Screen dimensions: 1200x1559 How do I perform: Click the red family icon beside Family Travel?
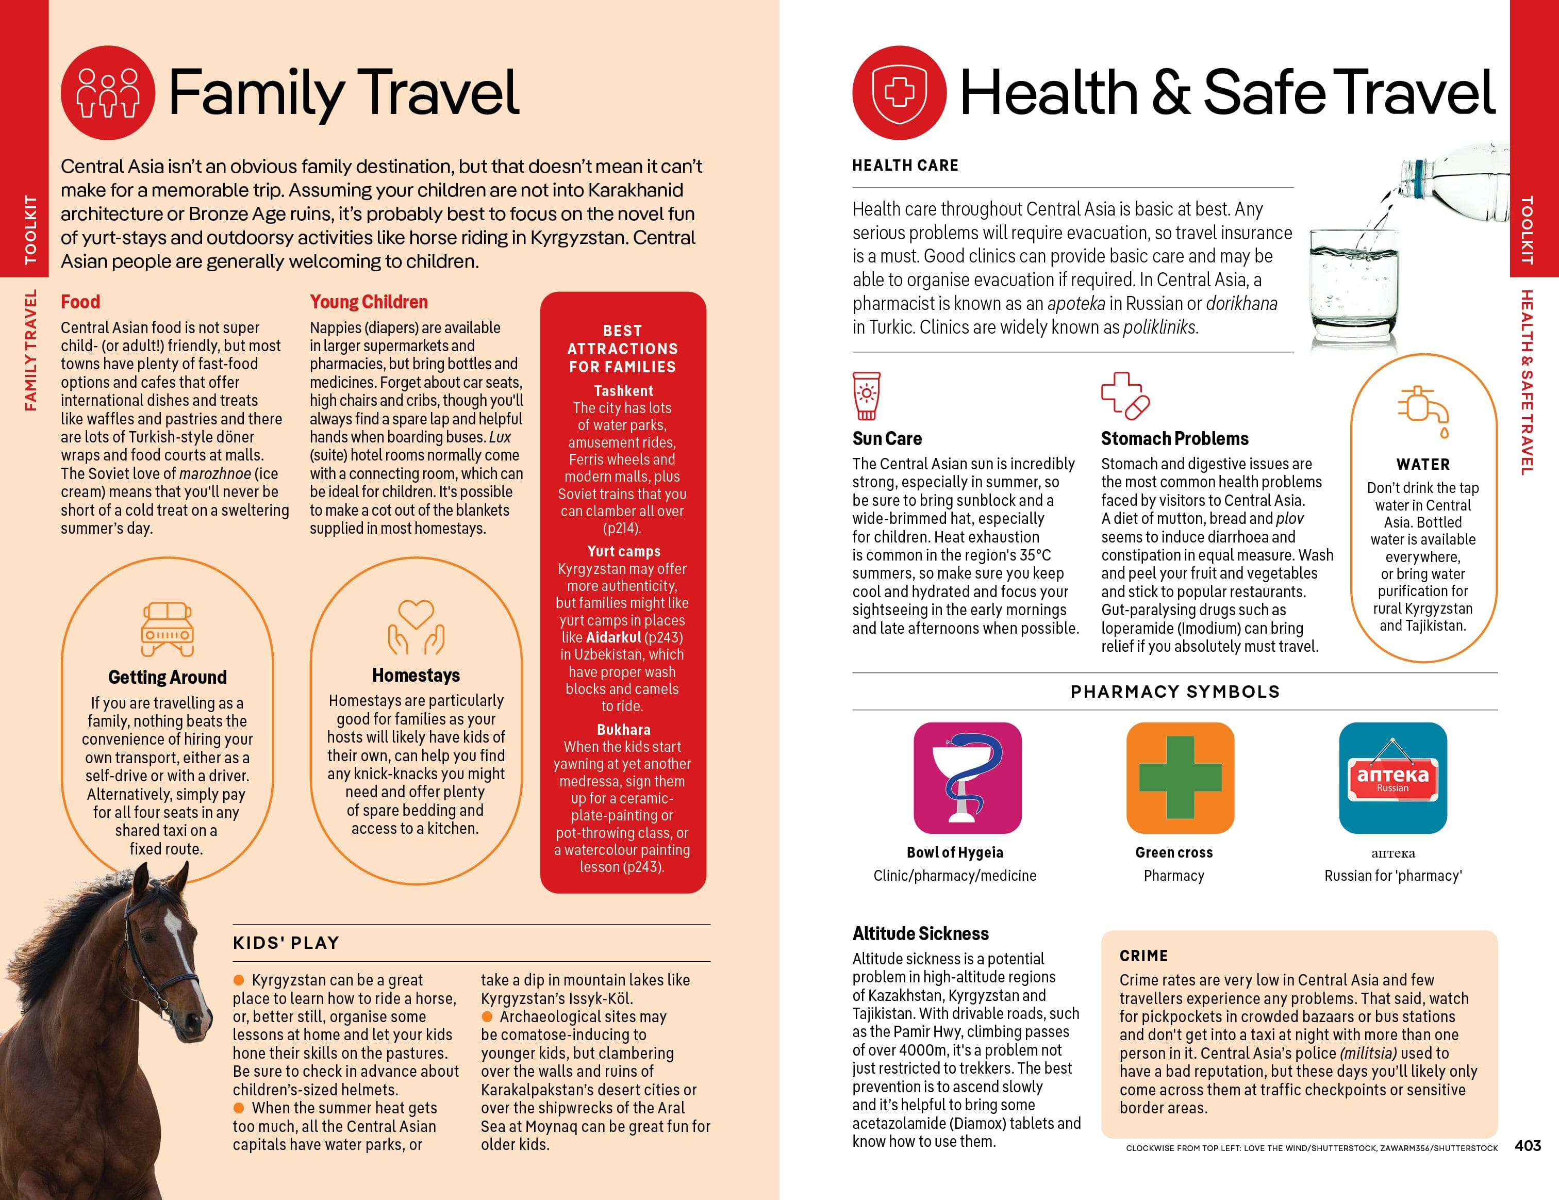pyautogui.click(x=108, y=93)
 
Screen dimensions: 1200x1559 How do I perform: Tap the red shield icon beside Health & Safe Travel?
pyautogui.click(x=900, y=93)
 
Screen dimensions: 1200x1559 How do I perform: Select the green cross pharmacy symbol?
pyautogui.click(x=1180, y=778)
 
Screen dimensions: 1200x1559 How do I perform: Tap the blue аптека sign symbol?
pyautogui.click(x=1392, y=778)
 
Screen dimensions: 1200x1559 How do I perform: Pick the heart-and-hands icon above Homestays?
pyautogui.click(x=416, y=627)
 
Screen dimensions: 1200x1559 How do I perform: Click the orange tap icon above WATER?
pyautogui.click(x=1423, y=410)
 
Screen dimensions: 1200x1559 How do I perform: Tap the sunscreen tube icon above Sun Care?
pyautogui.click(x=867, y=396)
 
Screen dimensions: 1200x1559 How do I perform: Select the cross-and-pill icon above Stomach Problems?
pyautogui.click(x=1125, y=396)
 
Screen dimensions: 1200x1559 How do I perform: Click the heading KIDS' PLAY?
pyautogui.click(x=286, y=943)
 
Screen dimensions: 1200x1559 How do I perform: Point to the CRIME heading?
pyautogui.click(x=1143, y=956)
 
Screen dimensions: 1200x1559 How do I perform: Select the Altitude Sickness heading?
pyautogui.click(x=920, y=934)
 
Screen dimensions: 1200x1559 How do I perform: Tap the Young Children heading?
pyautogui.click(x=368, y=302)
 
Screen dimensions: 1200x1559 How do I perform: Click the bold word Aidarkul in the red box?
pyautogui.click(x=613, y=637)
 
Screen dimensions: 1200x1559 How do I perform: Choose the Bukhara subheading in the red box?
pyautogui.click(x=623, y=730)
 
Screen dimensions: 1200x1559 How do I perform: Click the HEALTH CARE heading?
pyautogui.click(x=905, y=166)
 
